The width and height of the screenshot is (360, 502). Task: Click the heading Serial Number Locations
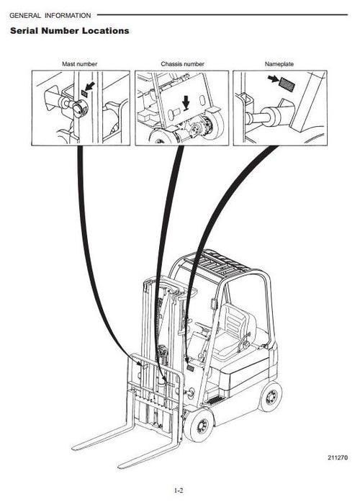(69, 31)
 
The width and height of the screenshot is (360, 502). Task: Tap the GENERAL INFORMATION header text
(50, 15)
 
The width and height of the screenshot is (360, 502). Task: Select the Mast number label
(79, 64)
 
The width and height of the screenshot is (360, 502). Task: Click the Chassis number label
(182, 64)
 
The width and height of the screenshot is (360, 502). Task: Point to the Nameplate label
(279, 64)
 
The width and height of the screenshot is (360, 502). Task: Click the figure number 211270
(337, 457)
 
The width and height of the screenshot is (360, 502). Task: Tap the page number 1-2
(179, 490)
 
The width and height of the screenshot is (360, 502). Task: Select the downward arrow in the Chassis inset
(186, 103)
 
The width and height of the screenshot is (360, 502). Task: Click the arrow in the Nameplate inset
(274, 79)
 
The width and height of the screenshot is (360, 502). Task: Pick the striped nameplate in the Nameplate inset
(287, 84)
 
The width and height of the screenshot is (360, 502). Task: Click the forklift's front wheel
(199, 425)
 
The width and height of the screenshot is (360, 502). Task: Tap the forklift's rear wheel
(271, 397)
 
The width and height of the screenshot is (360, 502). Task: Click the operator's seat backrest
(235, 320)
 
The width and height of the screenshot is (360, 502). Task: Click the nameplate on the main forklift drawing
(191, 368)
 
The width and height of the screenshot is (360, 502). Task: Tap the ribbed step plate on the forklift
(215, 400)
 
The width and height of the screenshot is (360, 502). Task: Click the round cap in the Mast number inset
(81, 108)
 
